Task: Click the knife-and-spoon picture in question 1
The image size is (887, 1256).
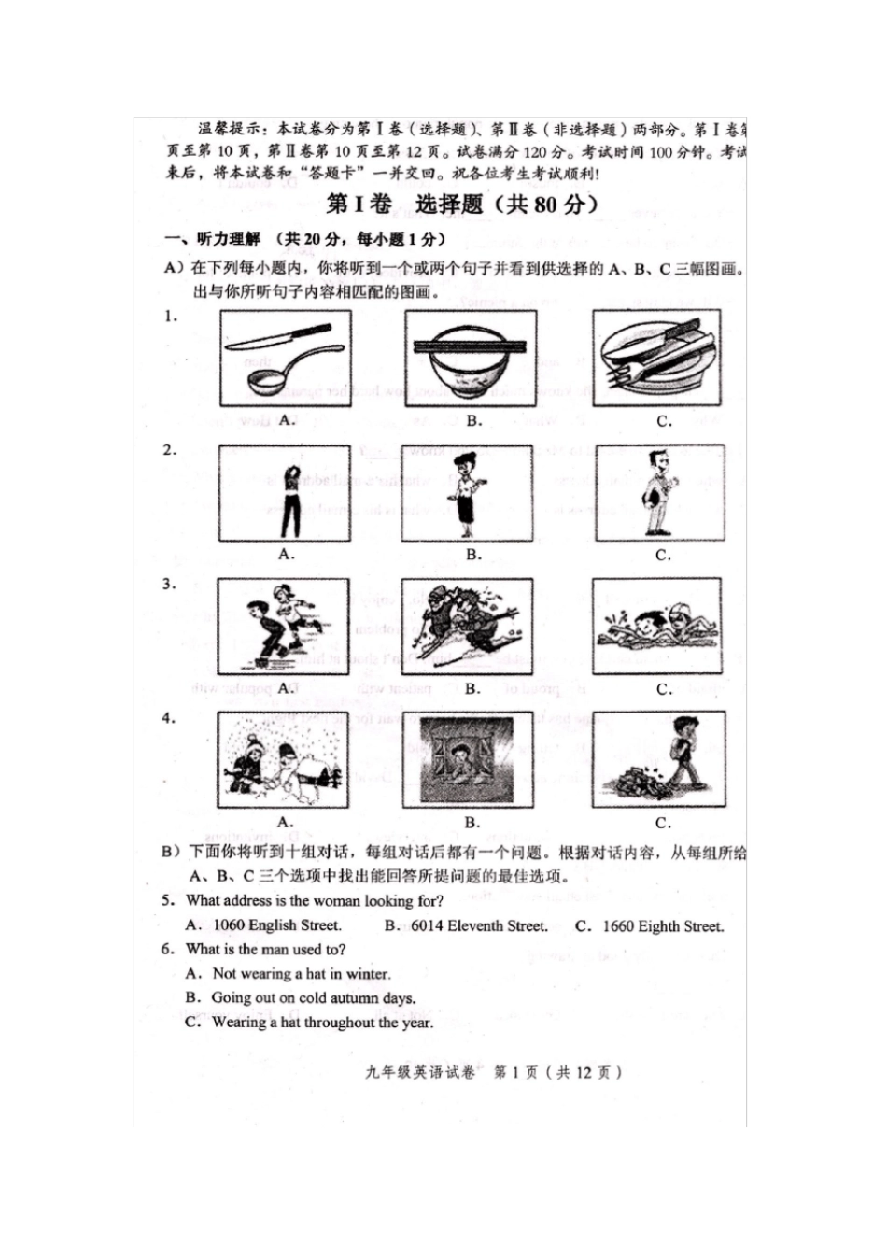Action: pyautogui.click(x=286, y=359)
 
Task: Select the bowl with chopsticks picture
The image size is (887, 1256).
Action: pyautogui.click(x=471, y=359)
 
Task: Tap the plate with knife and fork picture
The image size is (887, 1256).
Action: pyautogui.click(x=656, y=359)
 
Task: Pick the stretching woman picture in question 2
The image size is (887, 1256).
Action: pyautogui.click(x=285, y=493)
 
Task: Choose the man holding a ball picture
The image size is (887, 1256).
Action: pyautogui.click(x=661, y=493)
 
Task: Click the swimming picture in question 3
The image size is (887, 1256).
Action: pyautogui.click(x=656, y=627)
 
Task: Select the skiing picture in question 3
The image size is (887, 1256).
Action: pyautogui.click(x=468, y=627)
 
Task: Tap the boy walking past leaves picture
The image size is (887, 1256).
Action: pyautogui.click(x=659, y=760)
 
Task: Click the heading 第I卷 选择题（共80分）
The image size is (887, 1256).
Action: pyautogui.click(x=462, y=205)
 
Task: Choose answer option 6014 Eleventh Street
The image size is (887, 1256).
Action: pyautogui.click(x=477, y=925)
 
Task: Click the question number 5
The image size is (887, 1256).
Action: pyautogui.click(x=168, y=900)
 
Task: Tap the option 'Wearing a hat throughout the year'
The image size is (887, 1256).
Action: pyautogui.click(x=321, y=1022)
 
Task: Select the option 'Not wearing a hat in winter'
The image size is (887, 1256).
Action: pyautogui.click(x=301, y=973)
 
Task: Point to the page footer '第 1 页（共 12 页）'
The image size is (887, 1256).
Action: pyautogui.click(x=556, y=1072)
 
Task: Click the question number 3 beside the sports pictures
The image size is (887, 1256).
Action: pyautogui.click(x=169, y=585)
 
